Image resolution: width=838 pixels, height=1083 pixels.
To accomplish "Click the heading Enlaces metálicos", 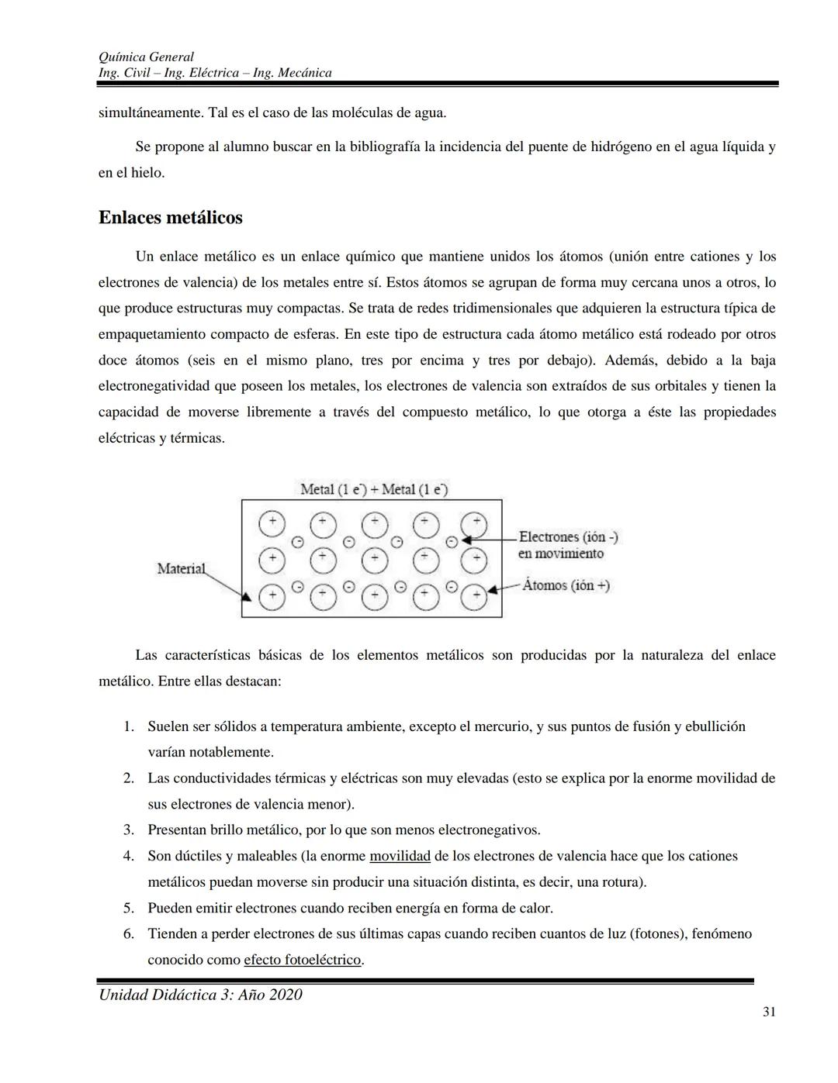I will coord(170,218).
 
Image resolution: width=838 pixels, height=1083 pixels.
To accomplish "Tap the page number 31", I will coord(769,1011).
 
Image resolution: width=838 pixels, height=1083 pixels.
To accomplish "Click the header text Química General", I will coord(146,57).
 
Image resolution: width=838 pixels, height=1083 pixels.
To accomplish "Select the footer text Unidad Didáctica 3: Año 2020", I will coord(200,995).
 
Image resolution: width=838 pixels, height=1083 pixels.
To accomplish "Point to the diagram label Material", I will coord(181,568).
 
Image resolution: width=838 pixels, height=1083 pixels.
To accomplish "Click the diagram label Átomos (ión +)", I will coord(566,585).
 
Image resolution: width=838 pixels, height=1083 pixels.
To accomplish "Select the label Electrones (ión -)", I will coord(568,536).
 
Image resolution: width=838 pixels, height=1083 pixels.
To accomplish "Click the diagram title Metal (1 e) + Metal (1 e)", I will coord(373,489).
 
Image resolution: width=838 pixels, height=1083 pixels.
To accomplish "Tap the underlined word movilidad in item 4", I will coord(400,856).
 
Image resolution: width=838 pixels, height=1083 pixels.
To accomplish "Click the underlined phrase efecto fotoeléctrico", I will coord(303,960).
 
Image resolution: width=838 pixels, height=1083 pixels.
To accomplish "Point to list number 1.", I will coord(129,726).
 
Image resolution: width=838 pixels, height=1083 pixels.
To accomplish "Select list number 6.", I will coord(129,933).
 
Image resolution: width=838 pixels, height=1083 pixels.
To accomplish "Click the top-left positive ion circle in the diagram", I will coord(272,523).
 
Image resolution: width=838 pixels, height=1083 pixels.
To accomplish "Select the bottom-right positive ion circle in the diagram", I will coord(475,596).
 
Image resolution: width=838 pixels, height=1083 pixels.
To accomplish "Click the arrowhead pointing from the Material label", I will coord(246,597).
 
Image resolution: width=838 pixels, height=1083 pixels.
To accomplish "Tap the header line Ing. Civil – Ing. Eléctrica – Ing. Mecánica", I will coord(215,73).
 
